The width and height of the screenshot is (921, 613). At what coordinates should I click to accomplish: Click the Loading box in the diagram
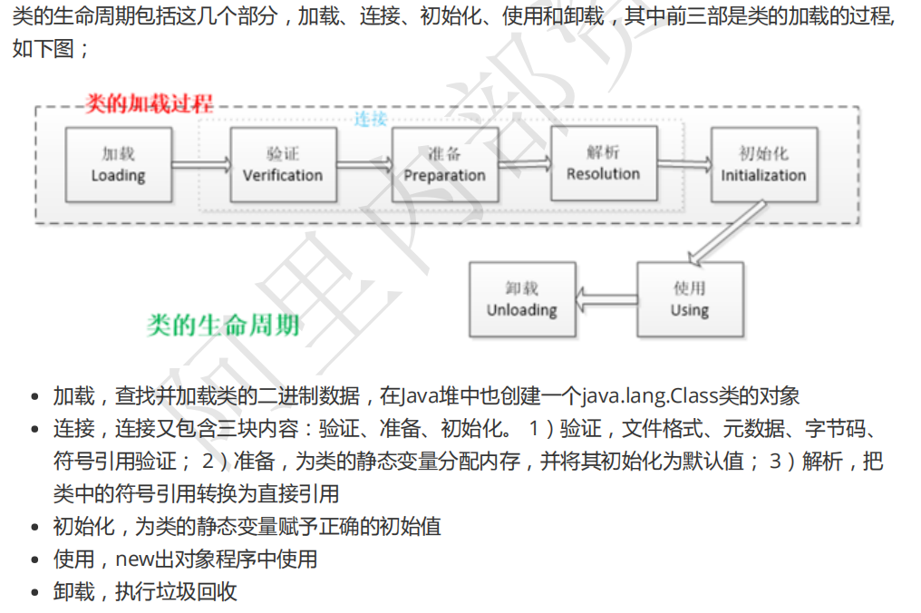click(118, 164)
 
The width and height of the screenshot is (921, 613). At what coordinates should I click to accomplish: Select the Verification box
click(283, 164)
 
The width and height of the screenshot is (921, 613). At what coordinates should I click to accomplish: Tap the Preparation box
click(444, 164)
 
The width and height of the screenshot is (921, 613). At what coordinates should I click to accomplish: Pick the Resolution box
click(604, 163)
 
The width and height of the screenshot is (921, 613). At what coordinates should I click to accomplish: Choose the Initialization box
click(763, 164)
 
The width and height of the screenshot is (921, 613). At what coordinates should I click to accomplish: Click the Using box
click(690, 299)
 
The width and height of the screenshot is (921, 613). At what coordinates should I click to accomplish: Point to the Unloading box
click(522, 299)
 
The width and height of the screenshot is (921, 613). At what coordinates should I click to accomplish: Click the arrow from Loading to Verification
click(200, 164)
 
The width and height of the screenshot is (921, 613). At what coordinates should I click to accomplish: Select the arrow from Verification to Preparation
click(364, 164)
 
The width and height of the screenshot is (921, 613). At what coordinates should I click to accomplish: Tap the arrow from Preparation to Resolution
click(524, 163)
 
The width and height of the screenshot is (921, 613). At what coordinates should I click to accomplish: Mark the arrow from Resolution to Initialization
click(683, 163)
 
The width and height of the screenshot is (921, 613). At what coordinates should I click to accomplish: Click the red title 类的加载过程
click(149, 103)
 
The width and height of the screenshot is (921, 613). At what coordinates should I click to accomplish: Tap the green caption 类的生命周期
click(224, 326)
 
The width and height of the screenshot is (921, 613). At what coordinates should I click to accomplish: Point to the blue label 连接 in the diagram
click(370, 119)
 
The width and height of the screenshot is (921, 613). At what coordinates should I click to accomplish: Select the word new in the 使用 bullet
click(133, 559)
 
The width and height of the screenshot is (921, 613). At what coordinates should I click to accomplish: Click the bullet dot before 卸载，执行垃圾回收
click(35, 593)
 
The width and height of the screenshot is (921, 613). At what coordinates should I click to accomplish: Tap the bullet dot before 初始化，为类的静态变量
click(35, 528)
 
